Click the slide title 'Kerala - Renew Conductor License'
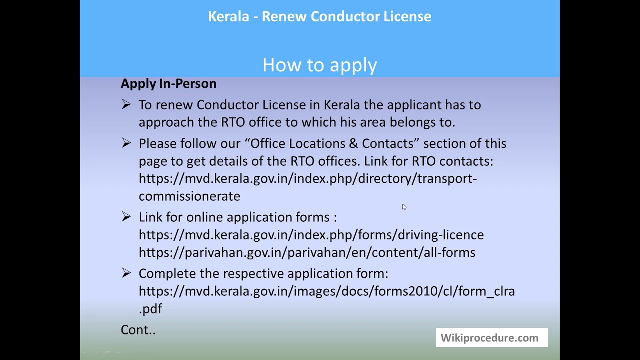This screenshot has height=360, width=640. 320,16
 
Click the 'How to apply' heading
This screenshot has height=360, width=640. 320,65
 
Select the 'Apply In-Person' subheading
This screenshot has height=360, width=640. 168,83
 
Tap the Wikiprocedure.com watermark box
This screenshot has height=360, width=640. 491,338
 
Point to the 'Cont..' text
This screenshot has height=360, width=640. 138,330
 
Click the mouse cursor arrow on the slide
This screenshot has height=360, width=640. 404,207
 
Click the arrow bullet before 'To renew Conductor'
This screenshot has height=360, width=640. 126,104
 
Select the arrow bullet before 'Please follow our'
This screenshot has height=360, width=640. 126,143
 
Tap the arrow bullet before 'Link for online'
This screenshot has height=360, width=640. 126,217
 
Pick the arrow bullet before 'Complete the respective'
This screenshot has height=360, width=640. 126,273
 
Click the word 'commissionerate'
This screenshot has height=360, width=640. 189,196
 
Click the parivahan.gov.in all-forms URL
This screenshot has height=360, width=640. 307,252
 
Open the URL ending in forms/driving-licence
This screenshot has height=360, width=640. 311,235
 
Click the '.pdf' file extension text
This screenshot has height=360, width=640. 150,309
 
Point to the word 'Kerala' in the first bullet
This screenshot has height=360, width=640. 342,105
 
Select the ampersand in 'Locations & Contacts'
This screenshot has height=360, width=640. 353,144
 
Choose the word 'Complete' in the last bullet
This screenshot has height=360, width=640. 167,274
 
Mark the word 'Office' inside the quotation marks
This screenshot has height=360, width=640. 268,144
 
